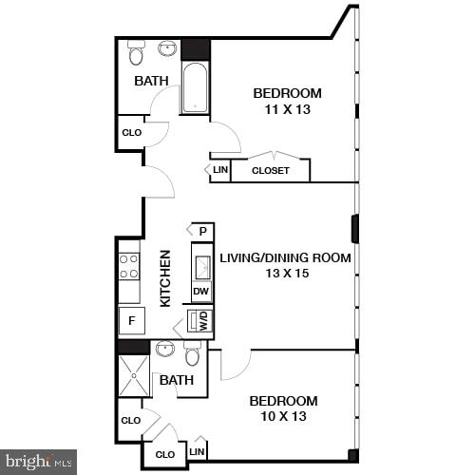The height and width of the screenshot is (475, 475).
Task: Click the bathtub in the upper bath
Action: pos(195,88)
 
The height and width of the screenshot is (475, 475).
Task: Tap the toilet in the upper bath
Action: pos(135,53)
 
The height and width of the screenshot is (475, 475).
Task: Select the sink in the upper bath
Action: pos(167,48)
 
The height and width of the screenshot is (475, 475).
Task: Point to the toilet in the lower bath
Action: pos(193,354)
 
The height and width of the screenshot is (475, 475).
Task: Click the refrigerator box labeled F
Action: pos(131,320)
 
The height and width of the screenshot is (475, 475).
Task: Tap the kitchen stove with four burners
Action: pos(129,265)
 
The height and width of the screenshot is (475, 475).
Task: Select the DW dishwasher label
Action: pos(201,292)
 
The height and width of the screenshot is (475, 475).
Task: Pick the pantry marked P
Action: pos(202,231)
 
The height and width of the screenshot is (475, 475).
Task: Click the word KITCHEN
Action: pos(165,277)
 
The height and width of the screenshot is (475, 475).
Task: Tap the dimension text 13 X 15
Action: pos(286,274)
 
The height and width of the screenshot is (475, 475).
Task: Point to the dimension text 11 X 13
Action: pos(287,109)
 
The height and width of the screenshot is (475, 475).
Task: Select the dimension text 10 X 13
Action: pos(283,417)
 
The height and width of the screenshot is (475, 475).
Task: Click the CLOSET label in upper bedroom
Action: pos(271,171)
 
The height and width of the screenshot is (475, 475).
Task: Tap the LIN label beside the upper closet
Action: pos(220,171)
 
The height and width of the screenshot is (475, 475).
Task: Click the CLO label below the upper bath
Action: pos(131,133)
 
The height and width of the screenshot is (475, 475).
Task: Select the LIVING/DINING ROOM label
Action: pos(286,257)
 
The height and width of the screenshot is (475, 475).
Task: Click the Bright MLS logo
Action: pos(38,462)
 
